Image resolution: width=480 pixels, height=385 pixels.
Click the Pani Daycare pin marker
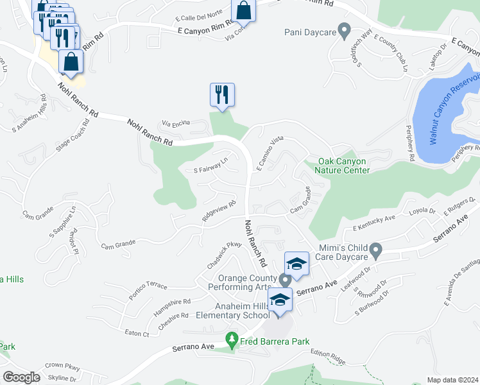click(345, 30)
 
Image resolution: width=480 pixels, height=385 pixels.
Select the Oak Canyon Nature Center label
click(343, 166)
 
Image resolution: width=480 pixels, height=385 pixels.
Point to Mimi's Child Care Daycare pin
click(377, 249)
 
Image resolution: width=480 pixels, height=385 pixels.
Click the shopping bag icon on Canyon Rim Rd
click(244, 10)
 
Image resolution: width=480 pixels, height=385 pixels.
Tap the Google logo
click(21, 377)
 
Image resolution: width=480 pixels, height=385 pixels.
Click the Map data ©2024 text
click(452, 380)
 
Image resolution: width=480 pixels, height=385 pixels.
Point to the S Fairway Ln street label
click(211, 166)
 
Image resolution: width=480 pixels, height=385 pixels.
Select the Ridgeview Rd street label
click(219, 210)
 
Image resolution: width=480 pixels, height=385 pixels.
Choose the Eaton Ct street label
click(136, 334)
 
